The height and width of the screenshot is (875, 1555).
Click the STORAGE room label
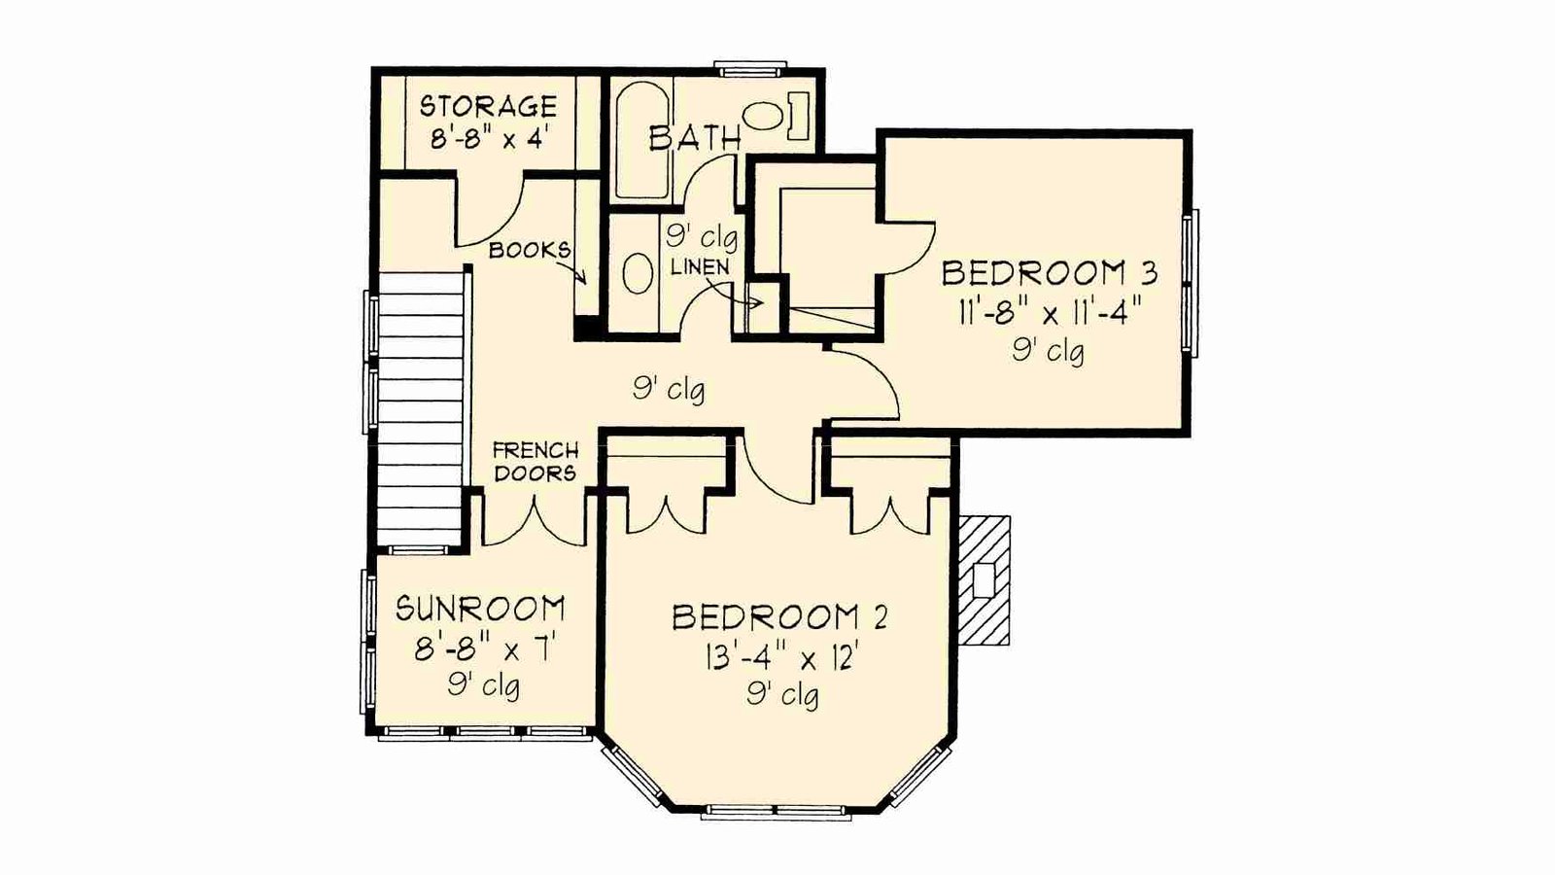click(488, 106)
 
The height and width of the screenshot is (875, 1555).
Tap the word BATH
click(695, 138)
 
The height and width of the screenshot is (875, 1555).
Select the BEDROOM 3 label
click(1049, 273)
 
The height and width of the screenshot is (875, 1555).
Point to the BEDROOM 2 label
click(779, 617)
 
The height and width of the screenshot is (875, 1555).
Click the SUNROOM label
click(480, 609)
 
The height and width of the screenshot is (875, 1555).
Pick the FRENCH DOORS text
click(535, 463)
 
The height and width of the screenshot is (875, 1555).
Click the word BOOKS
click(530, 250)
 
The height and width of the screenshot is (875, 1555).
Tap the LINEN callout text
click(700, 267)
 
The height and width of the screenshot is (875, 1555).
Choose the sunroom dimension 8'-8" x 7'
click(483, 650)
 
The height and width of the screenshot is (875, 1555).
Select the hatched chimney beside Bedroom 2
click(985, 579)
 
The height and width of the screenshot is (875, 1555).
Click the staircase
click(421, 409)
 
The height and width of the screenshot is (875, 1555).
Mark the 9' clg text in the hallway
click(669, 390)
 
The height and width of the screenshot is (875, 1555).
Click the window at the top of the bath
click(751, 69)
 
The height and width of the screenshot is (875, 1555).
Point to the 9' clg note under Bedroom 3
click(1049, 351)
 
